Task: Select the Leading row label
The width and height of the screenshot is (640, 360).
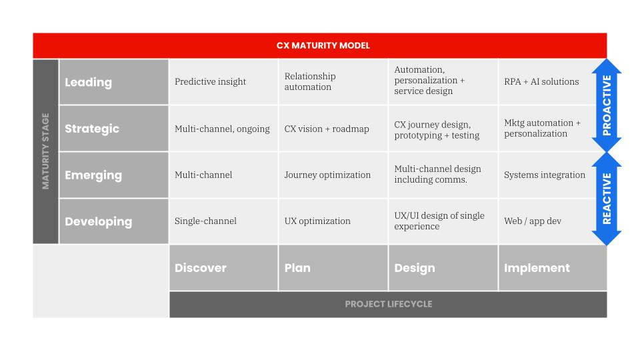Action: click(88, 82)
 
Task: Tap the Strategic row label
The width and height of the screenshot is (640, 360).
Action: click(92, 129)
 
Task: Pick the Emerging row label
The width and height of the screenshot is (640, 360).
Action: click(93, 175)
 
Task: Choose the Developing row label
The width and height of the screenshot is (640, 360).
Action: click(98, 221)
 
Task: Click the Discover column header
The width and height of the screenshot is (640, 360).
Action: click(201, 268)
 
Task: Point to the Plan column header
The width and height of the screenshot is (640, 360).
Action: click(297, 268)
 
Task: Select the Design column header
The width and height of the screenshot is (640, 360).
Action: click(415, 268)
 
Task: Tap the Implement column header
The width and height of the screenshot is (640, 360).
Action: click(537, 268)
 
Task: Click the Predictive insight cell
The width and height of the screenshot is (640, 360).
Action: click(210, 82)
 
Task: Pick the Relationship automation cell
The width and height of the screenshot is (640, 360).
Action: click(310, 82)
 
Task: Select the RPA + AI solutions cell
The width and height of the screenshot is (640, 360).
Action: click(541, 82)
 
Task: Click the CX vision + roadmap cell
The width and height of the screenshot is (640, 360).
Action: click(327, 129)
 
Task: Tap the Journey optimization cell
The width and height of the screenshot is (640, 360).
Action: click(327, 175)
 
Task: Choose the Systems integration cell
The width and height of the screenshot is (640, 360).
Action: click(545, 175)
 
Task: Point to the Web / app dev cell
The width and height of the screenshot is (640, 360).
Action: click(532, 221)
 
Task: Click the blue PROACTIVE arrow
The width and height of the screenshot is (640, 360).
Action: click(606, 105)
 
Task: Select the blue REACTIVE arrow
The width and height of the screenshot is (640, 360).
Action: click(606, 199)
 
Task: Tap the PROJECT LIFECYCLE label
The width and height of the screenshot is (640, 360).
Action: click(388, 304)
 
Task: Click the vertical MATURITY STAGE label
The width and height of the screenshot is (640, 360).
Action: click(46, 152)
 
